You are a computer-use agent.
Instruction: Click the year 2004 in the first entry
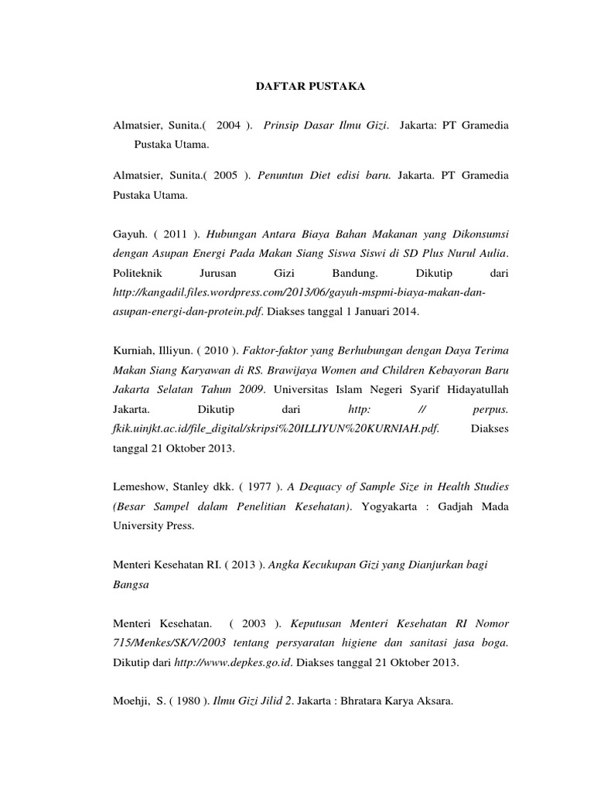point(229,125)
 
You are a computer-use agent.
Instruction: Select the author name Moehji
point(132,702)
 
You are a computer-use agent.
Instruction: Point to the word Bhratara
point(355,702)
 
